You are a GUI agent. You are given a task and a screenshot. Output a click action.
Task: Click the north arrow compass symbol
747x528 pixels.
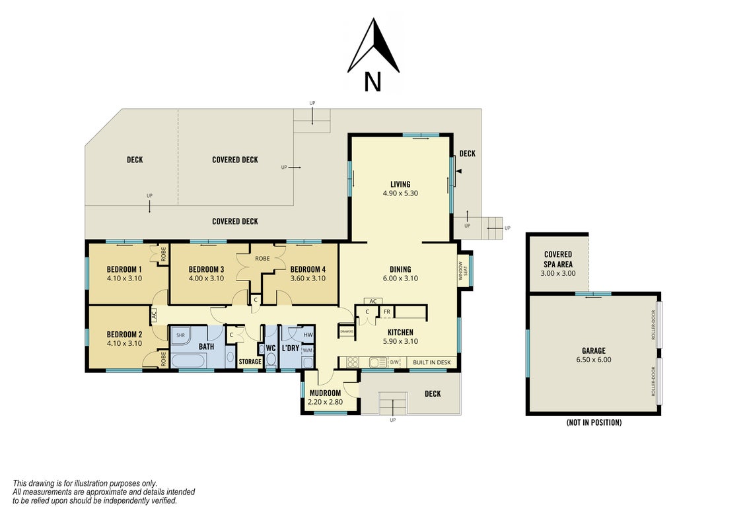(x=373, y=47)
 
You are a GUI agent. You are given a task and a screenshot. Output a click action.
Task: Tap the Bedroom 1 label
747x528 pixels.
(x=124, y=269)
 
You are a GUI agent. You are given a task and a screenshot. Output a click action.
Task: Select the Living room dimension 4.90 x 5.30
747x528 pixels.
(x=400, y=193)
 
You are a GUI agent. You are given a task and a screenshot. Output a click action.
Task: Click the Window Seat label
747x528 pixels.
(x=463, y=271)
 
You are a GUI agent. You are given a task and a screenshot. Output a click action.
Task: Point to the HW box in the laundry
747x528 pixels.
(x=308, y=335)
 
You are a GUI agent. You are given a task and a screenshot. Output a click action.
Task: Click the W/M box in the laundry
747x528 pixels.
(x=308, y=350)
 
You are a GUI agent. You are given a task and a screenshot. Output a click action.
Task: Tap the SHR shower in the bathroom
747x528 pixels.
(x=180, y=336)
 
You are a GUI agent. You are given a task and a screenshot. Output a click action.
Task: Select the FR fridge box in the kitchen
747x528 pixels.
(x=387, y=312)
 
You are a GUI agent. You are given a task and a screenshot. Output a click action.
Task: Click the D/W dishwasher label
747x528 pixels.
(x=394, y=362)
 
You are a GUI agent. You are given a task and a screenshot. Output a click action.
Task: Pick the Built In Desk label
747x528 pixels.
(x=431, y=362)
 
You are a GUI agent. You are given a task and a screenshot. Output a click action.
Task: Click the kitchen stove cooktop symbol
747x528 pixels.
(x=353, y=362)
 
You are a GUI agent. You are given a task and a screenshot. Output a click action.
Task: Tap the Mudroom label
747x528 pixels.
(x=326, y=393)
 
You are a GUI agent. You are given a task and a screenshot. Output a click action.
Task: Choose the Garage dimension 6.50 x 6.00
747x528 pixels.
(x=594, y=360)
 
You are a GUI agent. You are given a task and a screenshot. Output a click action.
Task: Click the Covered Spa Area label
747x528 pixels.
(x=558, y=259)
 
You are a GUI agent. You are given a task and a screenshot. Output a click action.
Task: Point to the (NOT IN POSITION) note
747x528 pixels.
(x=594, y=422)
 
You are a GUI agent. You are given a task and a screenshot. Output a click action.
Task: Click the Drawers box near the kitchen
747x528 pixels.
(x=347, y=331)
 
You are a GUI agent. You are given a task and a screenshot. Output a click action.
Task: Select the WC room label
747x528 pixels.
(x=271, y=348)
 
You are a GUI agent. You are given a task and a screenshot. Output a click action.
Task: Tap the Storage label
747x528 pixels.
(x=250, y=362)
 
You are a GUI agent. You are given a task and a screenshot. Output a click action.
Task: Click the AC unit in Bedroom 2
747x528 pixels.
(x=154, y=315)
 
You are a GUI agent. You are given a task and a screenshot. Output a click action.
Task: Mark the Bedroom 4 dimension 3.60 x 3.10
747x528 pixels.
(x=308, y=279)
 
